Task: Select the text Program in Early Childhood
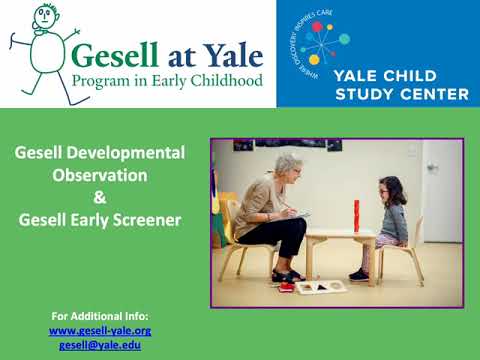[167, 79]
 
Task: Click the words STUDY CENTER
[414, 94]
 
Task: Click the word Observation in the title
[100, 174]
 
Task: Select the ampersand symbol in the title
[100, 196]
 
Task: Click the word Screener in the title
[147, 218]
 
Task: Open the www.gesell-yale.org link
[100, 329]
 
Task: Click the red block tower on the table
[355, 214]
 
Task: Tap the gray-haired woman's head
[288, 164]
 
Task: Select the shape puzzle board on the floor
[320, 286]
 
